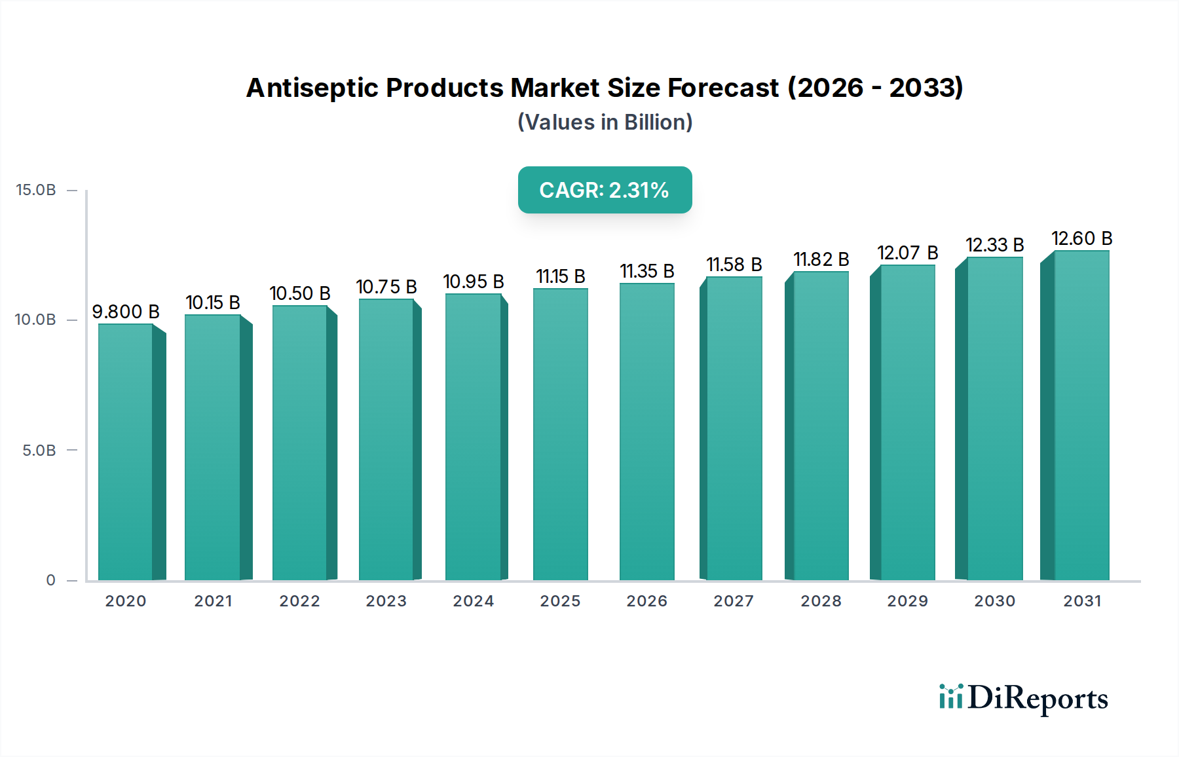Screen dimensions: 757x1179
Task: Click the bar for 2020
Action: (126, 452)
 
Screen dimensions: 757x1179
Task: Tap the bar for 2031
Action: (1081, 415)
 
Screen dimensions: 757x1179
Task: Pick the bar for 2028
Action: (821, 426)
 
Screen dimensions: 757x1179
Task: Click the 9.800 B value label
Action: (126, 312)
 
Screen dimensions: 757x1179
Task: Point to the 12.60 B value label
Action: (1082, 238)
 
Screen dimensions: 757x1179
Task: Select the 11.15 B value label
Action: (561, 276)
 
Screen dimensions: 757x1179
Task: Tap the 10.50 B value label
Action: (300, 293)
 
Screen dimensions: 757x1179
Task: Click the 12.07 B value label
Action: (908, 253)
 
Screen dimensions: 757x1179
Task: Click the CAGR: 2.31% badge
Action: (605, 190)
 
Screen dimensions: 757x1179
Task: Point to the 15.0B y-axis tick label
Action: (36, 190)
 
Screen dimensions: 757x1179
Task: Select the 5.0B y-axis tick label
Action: (39, 451)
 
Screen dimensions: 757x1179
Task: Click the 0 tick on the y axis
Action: (51, 580)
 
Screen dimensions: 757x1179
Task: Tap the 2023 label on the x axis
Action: (386, 601)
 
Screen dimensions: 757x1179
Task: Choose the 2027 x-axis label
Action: (734, 601)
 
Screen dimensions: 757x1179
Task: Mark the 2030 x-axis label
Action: (994, 601)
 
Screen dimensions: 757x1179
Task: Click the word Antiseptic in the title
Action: (312, 88)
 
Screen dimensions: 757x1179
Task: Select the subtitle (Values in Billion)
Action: (605, 122)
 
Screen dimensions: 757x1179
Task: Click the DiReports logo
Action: (1023, 698)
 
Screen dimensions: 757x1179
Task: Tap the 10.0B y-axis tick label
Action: (36, 320)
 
